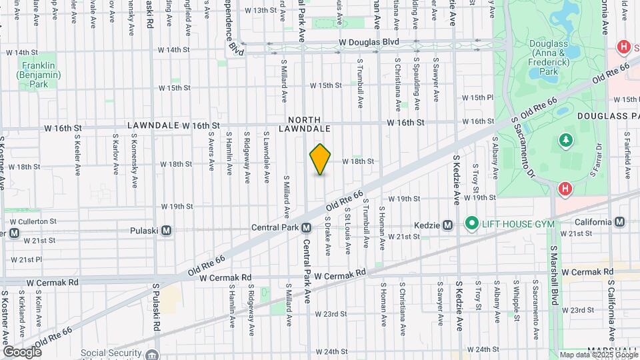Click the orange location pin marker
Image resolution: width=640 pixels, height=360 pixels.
coord(321,159)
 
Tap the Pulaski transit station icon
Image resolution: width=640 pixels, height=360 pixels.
coord(167,230)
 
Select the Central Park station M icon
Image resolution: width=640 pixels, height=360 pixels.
coord(306,227)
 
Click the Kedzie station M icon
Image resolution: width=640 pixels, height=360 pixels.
coord(448,225)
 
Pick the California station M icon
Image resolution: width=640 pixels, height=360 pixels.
coord(620,222)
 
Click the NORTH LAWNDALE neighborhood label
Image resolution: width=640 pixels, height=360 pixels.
coord(305,123)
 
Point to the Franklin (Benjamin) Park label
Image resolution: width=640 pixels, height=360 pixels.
coord(35,75)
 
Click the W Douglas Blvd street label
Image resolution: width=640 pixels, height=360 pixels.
coord(368,41)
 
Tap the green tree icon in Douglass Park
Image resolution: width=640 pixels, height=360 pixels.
coord(566,139)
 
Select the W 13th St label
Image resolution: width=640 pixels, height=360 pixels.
coord(260,11)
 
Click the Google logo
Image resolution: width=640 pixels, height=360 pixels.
coord(22,351)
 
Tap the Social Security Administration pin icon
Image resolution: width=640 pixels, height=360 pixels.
coord(153,354)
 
